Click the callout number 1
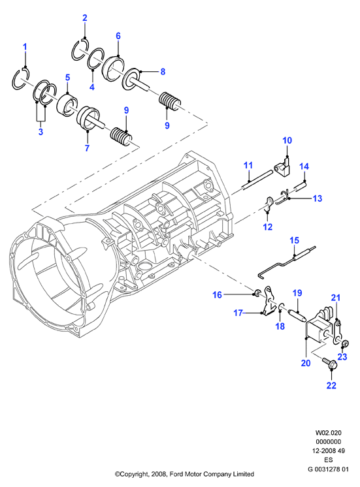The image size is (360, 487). [x=25, y=47]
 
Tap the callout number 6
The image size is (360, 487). [x=118, y=36]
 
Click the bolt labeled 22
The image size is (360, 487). [x=329, y=363]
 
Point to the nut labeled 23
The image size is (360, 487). [x=344, y=343]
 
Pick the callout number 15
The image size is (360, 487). [x=294, y=240]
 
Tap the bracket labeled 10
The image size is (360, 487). [x=283, y=168]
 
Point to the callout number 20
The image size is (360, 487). [x=306, y=363]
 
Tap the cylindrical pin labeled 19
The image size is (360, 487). [x=298, y=316]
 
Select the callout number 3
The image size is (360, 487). [x=41, y=132]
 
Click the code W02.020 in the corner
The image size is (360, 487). [x=328, y=433]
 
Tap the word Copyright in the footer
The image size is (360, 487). [x=134, y=474]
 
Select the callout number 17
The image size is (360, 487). [x=238, y=313]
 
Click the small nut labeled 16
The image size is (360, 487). [x=257, y=292]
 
